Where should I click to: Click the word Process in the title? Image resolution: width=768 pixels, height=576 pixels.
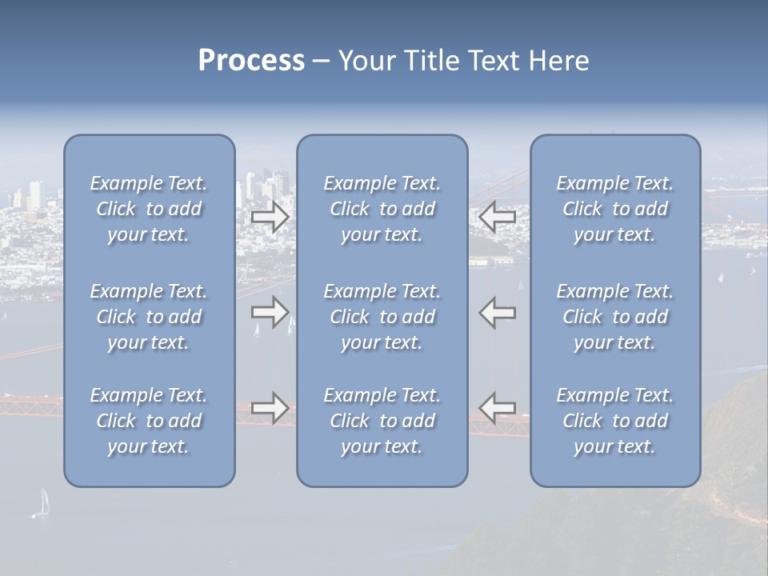point(251,61)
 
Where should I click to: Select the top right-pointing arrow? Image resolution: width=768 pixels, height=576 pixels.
point(270,217)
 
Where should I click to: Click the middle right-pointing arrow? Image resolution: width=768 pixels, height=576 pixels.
point(270,312)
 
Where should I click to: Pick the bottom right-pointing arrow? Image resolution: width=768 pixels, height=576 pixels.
point(270,408)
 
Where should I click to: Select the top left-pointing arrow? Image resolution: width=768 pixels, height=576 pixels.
point(498,217)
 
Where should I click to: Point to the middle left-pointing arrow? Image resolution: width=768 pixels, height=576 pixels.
point(498,312)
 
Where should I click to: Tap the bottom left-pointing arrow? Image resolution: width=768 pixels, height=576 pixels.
point(498,408)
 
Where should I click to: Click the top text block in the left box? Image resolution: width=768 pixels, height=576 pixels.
point(149,209)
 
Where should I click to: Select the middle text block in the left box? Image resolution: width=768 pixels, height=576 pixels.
point(149,317)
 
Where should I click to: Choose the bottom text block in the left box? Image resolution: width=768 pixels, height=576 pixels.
point(149,421)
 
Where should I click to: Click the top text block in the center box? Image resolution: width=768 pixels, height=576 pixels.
point(382,209)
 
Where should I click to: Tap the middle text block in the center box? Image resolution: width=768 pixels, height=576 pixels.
point(382,317)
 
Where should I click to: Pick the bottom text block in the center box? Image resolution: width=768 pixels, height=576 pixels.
point(382,421)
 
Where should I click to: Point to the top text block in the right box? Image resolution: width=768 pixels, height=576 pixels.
point(614,209)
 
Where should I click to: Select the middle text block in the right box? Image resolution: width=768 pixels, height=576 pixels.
point(614,317)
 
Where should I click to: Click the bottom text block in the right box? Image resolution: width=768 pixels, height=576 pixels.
point(614,421)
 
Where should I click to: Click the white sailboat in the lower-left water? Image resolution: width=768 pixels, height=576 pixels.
point(44,502)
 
